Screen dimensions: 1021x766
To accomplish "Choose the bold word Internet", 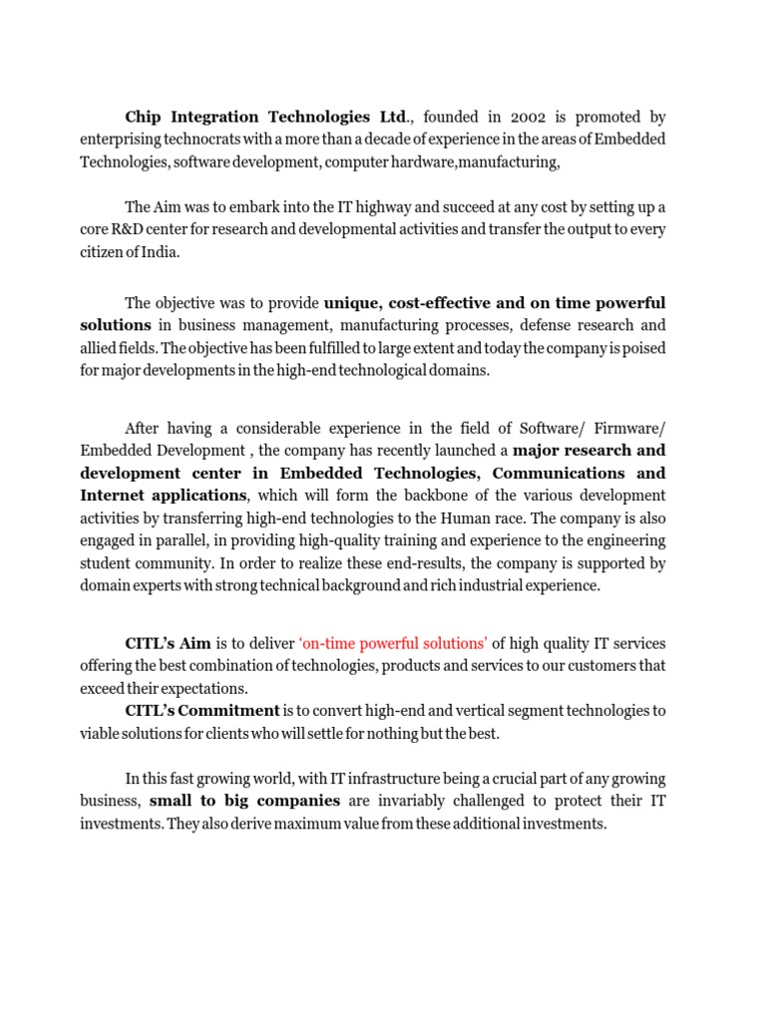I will click(x=113, y=496).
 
